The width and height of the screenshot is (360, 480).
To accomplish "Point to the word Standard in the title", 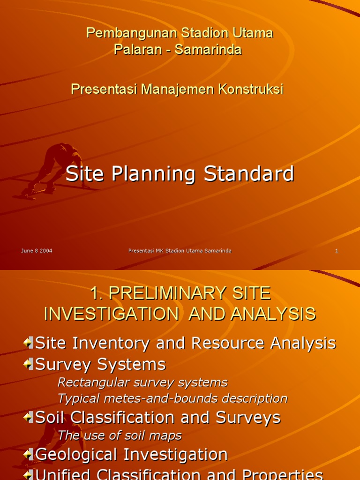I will pyautogui.click(x=248, y=174).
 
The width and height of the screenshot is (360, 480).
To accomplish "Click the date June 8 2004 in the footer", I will pyautogui.click(x=37, y=251).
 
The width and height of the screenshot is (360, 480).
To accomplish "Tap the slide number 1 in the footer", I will pyautogui.click(x=337, y=251).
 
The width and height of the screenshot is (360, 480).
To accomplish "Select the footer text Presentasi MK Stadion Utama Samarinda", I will pyautogui.click(x=180, y=251).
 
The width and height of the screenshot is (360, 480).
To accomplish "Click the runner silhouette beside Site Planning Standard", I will pyautogui.click(x=56, y=169).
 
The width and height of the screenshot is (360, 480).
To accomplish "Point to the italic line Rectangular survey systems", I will pyautogui.click(x=142, y=382).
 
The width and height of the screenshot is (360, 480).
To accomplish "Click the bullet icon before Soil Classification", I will pyautogui.click(x=29, y=418).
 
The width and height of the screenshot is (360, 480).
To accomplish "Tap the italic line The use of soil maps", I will pyautogui.click(x=120, y=435).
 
